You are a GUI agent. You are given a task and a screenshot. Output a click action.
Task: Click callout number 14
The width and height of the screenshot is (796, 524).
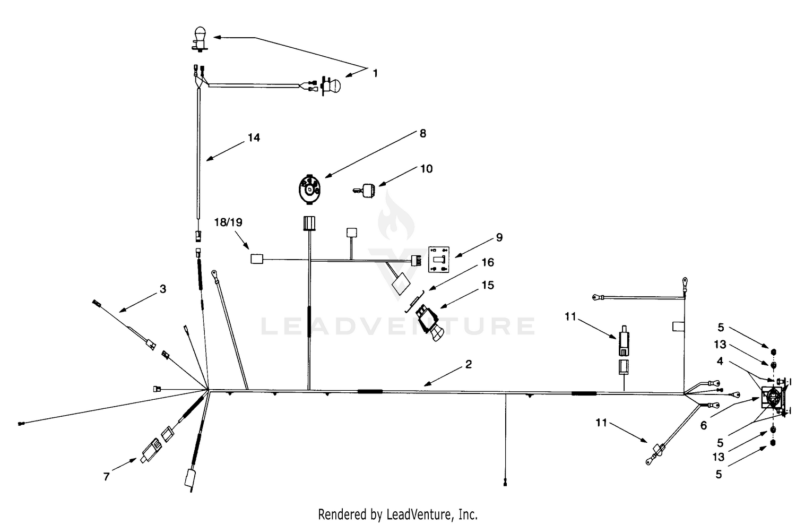coord(254,138)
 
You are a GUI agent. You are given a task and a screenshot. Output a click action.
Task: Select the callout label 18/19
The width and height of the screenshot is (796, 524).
coord(228,222)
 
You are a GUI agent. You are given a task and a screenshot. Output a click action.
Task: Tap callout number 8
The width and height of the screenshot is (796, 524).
coord(422,133)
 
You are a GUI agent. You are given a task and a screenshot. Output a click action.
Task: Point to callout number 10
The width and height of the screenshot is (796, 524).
coord(427,168)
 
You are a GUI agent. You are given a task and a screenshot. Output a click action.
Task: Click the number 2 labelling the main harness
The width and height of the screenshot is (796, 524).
coord(469,364)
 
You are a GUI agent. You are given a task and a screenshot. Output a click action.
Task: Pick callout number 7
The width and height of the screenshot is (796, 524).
coord(106,476)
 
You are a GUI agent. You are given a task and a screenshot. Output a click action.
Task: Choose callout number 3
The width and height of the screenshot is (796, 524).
coord(163,289)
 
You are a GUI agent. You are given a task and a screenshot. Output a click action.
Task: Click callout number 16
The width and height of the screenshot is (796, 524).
coord(488,262)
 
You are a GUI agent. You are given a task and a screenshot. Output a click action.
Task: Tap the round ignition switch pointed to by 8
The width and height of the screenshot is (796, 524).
coord(309,190)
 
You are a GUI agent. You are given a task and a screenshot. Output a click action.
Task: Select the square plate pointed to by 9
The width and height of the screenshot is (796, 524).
coord(438,260)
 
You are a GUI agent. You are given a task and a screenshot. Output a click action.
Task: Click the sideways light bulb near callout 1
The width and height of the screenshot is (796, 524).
coord(331,85)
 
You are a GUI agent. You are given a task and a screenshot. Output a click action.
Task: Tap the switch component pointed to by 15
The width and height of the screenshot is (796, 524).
coord(429,323)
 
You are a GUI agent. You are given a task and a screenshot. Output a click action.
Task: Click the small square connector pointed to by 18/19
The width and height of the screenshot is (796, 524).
coord(257,259)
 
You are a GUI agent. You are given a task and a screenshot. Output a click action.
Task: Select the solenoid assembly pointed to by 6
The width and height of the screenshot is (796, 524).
coord(773,398)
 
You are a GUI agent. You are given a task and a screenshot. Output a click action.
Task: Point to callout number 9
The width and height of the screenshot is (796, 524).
coord(499,237)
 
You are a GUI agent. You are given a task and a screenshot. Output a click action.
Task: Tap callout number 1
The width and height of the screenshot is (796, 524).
coord(375,73)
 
